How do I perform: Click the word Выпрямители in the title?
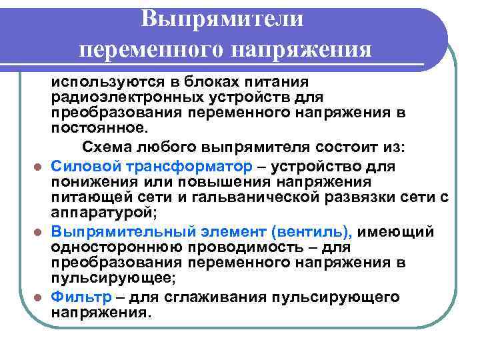pyautogui.click(x=223, y=18)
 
